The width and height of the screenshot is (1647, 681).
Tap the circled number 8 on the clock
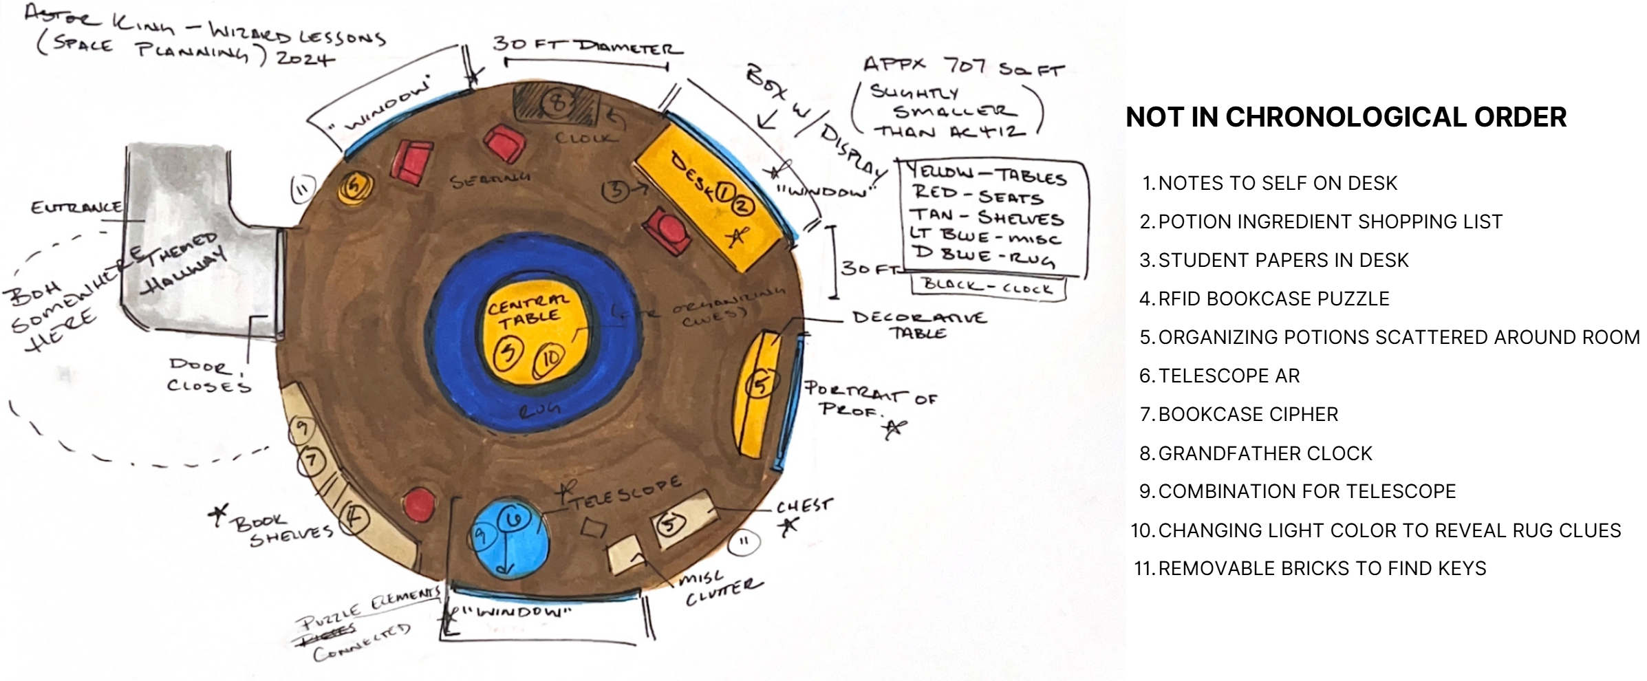(559, 104)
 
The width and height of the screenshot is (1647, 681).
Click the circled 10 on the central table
(550, 358)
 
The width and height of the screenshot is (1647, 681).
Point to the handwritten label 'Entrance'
(76, 206)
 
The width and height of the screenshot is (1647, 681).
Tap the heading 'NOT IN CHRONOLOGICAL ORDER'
(1346, 118)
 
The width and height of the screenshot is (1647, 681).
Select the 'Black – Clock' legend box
(988, 286)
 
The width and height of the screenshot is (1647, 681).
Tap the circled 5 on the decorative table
(760, 384)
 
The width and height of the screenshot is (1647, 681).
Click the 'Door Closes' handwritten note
(208, 375)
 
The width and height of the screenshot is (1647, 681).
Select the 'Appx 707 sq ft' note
(963, 67)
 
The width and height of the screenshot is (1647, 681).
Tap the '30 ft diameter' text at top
(587, 46)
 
